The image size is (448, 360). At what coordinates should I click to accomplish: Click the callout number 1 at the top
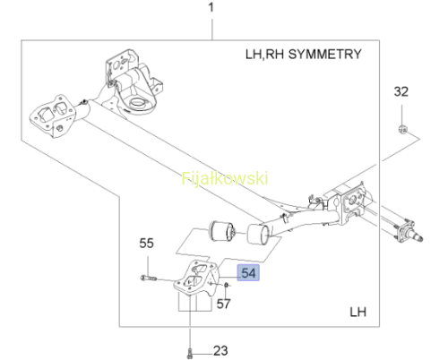click(211, 7)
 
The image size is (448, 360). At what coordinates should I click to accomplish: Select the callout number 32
click(401, 91)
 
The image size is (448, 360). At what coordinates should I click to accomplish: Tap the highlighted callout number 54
click(248, 273)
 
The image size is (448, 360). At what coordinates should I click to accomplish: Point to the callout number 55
click(146, 244)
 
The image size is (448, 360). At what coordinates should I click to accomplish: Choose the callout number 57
click(223, 304)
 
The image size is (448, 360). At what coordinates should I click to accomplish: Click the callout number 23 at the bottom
click(220, 351)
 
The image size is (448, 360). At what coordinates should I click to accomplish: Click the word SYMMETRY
click(325, 54)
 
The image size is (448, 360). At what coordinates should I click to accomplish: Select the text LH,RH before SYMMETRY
click(264, 55)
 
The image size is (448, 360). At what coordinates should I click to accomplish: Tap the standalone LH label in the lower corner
click(358, 312)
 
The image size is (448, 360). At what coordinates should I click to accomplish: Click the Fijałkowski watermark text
click(225, 178)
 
